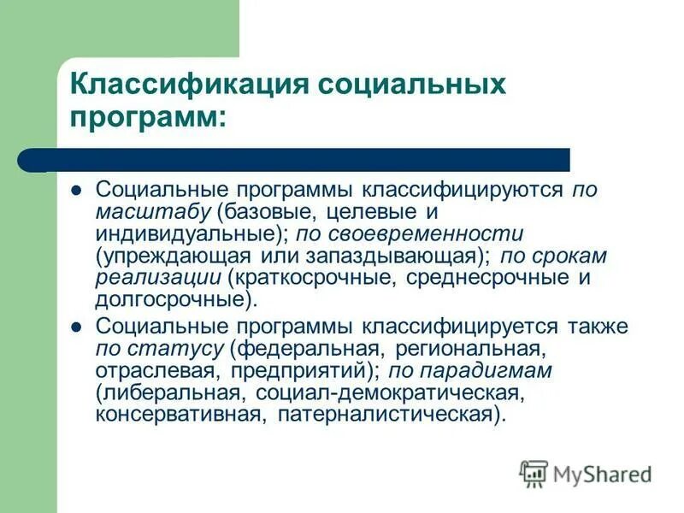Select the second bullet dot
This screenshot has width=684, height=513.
point(75,327)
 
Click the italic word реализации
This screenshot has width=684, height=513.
point(157,278)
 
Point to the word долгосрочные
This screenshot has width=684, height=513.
point(171,300)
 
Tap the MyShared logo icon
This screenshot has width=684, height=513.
point(534,474)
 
